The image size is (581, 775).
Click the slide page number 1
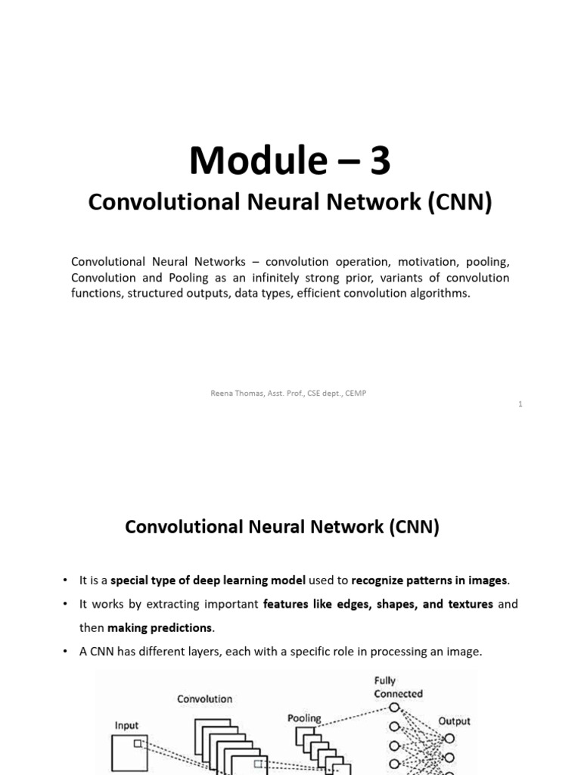520,404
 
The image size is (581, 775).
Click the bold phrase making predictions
160,627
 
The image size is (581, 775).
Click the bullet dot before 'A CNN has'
66,652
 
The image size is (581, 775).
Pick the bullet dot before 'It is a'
66,580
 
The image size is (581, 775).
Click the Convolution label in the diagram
205,699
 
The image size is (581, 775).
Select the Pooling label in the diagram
304,717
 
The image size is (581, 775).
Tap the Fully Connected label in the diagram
398,687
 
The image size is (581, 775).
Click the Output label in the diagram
454,721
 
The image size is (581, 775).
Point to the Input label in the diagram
126,725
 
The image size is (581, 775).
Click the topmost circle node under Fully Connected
393,708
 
